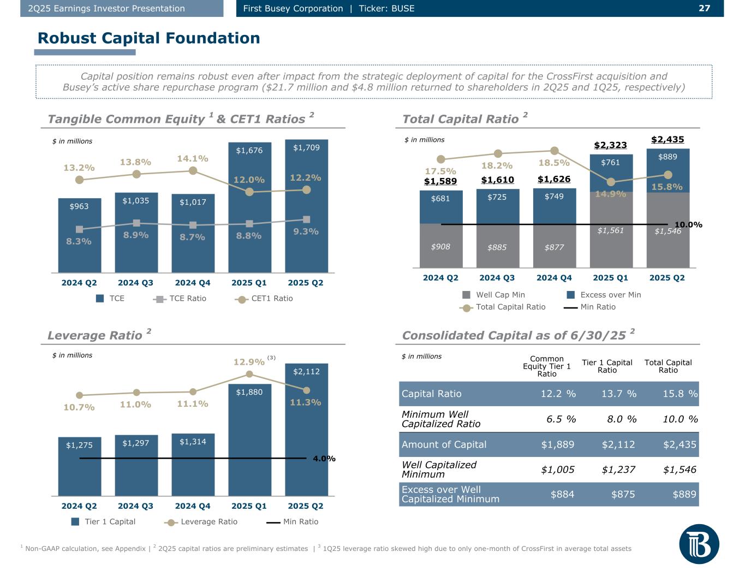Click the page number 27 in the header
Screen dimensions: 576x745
tap(704, 8)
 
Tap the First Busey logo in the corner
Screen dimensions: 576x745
tap(699, 544)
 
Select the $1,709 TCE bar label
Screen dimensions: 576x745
tap(306, 147)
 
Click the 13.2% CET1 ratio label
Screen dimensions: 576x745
tap(79, 168)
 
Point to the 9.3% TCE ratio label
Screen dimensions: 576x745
tap(306, 231)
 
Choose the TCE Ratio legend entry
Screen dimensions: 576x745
tap(181, 299)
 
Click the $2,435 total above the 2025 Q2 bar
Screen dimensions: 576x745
tap(667, 140)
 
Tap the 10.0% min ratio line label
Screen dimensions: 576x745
tap(688, 225)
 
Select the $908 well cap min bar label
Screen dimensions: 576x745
tap(440, 247)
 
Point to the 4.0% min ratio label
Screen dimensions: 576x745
tap(324, 459)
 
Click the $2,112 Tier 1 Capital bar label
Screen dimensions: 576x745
tap(306, 372)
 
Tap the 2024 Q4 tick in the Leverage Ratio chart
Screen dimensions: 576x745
tap(193, 506)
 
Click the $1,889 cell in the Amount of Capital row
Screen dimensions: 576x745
tap(557, 444)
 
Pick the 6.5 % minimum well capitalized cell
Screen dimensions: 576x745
tap(561, 419)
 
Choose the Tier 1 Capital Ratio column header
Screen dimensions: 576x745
tap(607, 366)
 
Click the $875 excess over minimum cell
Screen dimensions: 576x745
tap(623, 494)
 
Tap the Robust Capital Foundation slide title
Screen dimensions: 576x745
tap(148, 38)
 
